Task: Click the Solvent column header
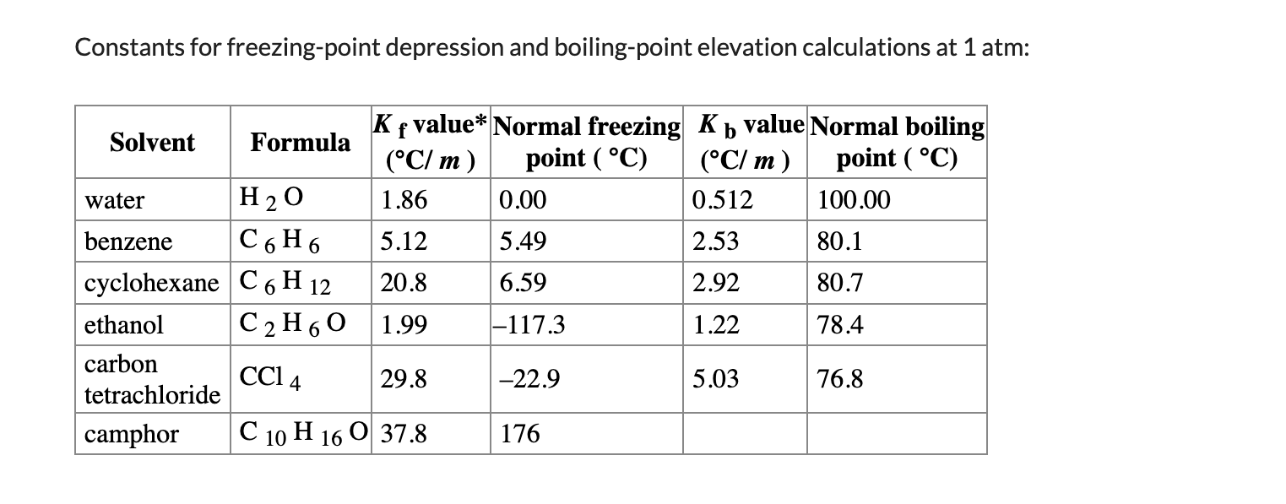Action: click(x=152, y=142)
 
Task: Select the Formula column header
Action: click(x=300, y=142)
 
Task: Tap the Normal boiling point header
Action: click(x=897, y=142)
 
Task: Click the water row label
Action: click(x=115, y=201)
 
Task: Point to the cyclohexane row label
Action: click(x=151, y=283)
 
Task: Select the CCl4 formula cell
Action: click(x=271, y=379)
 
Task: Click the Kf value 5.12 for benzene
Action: click(x=404, y=242)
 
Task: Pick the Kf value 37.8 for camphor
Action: click(x=404, y=435)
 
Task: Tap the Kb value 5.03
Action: click(x=715, y=379)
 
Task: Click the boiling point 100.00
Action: click(x=853, y=201)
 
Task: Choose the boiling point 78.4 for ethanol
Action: click(x=840, y=325)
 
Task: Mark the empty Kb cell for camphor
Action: click(x=744, y=434)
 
